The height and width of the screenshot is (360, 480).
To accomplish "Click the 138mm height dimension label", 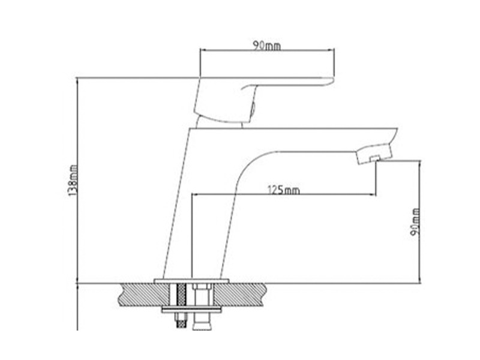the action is [x=73, y=181].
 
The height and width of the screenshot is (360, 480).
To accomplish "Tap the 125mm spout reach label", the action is [x=284, y=190].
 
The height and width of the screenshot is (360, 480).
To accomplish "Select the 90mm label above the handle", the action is [x=266, y=46].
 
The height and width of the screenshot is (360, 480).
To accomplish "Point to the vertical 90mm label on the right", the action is [x=415, y=222].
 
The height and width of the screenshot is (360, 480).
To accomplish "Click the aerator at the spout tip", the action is [x=374, y=154].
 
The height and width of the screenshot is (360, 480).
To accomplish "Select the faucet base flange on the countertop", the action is [x=191, y=281].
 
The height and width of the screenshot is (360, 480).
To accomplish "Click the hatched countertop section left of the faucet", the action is [x=145, y=295].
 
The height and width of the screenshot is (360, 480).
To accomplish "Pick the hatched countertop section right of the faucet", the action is [x=238, y=295].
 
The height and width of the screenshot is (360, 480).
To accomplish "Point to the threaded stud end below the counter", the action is [x=181, y=321].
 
